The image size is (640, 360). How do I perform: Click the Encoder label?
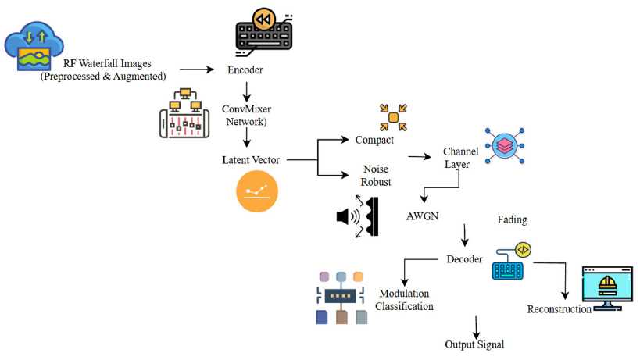245,70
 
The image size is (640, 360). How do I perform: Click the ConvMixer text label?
248,109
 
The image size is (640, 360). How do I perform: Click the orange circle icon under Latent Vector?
257,191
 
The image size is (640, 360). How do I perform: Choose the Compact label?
374,141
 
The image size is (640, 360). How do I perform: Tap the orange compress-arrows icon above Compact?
394,117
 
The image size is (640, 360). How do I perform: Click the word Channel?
460,151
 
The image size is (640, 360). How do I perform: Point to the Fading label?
514,220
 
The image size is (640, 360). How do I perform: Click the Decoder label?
464,259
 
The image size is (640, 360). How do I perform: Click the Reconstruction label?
559,309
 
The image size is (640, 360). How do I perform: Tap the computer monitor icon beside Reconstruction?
606,288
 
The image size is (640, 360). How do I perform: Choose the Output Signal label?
474,344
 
